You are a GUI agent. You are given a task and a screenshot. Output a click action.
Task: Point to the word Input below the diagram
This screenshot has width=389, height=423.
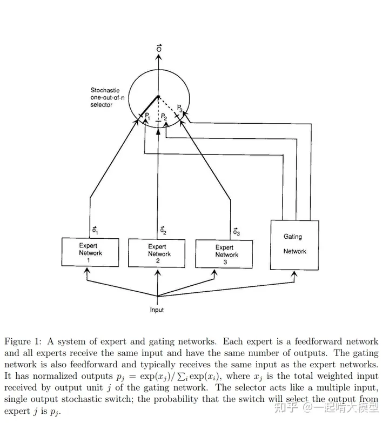[157, 310]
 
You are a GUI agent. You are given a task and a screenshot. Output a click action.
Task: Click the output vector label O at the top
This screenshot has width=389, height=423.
[158, 49]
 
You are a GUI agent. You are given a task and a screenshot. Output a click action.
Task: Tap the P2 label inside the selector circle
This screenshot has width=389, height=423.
[164, 117]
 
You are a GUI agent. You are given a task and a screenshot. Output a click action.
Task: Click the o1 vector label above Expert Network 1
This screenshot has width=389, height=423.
[94, 232]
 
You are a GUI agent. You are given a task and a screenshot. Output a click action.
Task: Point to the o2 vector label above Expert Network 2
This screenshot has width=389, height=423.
[163, 232]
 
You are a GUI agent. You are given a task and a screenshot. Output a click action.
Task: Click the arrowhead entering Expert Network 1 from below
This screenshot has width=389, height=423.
[86, 270]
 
